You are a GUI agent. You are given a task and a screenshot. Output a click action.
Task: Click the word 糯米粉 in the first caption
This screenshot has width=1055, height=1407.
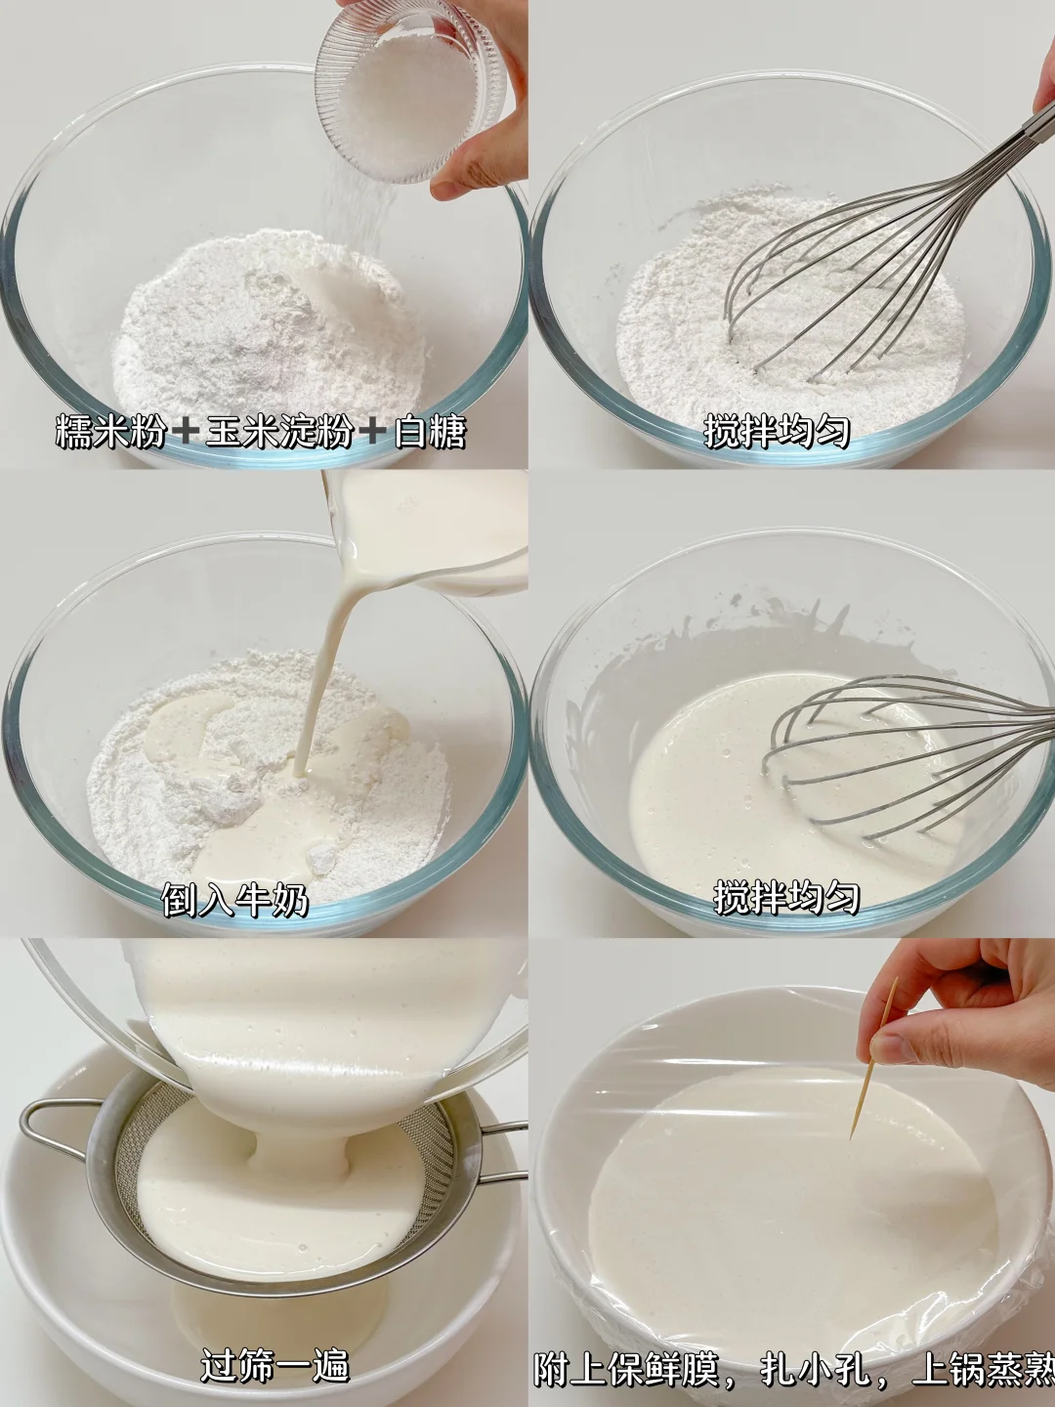point(110,431)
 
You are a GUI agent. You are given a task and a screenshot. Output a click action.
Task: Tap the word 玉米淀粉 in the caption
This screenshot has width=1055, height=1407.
point(279,431)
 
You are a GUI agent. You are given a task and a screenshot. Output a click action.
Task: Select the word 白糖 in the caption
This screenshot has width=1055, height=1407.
point(430,431)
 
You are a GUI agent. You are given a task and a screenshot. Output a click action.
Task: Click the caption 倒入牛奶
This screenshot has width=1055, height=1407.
point(235,899)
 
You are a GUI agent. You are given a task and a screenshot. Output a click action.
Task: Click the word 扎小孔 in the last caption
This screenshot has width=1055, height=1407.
point(816,1366)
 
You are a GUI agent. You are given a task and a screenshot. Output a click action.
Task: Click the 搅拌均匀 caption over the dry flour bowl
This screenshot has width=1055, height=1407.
point(777,431)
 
